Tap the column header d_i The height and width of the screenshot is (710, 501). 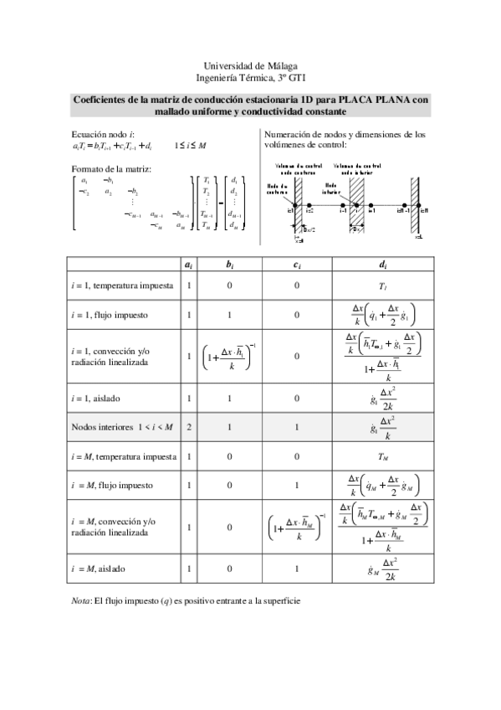(382, 265)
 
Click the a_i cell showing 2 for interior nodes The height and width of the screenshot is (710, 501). (190, 428)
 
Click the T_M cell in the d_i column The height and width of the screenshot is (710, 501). (382, 457)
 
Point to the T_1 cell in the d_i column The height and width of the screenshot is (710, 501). (382, 286)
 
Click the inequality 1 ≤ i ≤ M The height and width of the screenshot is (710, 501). (190, 147)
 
